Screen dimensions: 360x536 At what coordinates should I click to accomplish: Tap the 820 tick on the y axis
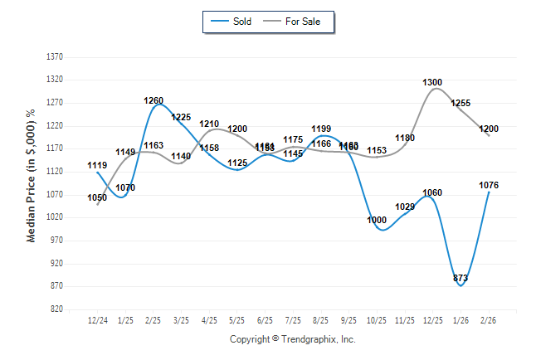pyautogui.click(x=56, y=309)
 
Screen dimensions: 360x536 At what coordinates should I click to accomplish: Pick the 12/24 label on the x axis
pyautogui.click(x=98, y=319)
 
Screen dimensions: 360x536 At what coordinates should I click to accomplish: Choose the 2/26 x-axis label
pyautogui.click(x=489, y=319)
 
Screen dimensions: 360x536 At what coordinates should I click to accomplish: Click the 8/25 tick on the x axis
pyautogui.click(x=321, y=319)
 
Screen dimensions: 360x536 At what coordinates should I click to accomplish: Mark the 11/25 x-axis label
pyautogui.click(x=405, y=319)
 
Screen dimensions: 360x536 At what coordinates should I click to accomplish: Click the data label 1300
pyautogui.click(x=432, y=82)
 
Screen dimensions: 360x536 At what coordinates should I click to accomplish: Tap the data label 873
pyautogui.click(x=460, y=279)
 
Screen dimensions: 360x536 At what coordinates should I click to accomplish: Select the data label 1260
pyautogui.click(x=153, y=100)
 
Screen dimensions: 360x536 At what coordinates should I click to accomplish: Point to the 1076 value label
pyautogui.click(x=489, y=185)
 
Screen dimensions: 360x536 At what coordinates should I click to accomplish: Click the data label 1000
pyautogui.click(x=377, y=220)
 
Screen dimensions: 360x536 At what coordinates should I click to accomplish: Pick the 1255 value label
pyautogui.click(x=460, y=103)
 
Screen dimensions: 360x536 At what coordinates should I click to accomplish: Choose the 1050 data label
pyautogui.click(x=97, y=197)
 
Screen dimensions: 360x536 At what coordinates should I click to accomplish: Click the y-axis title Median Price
pyautogui.click(x=32, y=175)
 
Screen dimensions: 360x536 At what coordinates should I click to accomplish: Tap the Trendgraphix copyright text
pyautogui.click(x=292, y=339)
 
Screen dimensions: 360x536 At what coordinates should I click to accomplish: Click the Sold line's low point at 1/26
pyautogui.click(x=460, y=285)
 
